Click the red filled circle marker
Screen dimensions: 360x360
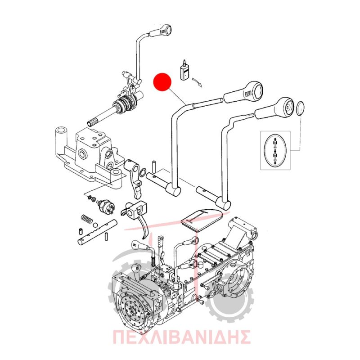tap(162, 82)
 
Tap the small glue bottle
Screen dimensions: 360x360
tap(184, 71)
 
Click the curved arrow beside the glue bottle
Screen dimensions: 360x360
tap(198, 82)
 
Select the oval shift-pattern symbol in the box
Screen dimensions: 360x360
tap(275, 150)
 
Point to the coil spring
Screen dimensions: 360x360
tap(87, 220)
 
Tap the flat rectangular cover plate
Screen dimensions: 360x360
tap(201, 220)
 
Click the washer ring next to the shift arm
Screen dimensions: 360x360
tap(143, 172)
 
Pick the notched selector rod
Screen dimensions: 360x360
tap(98, 233)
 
